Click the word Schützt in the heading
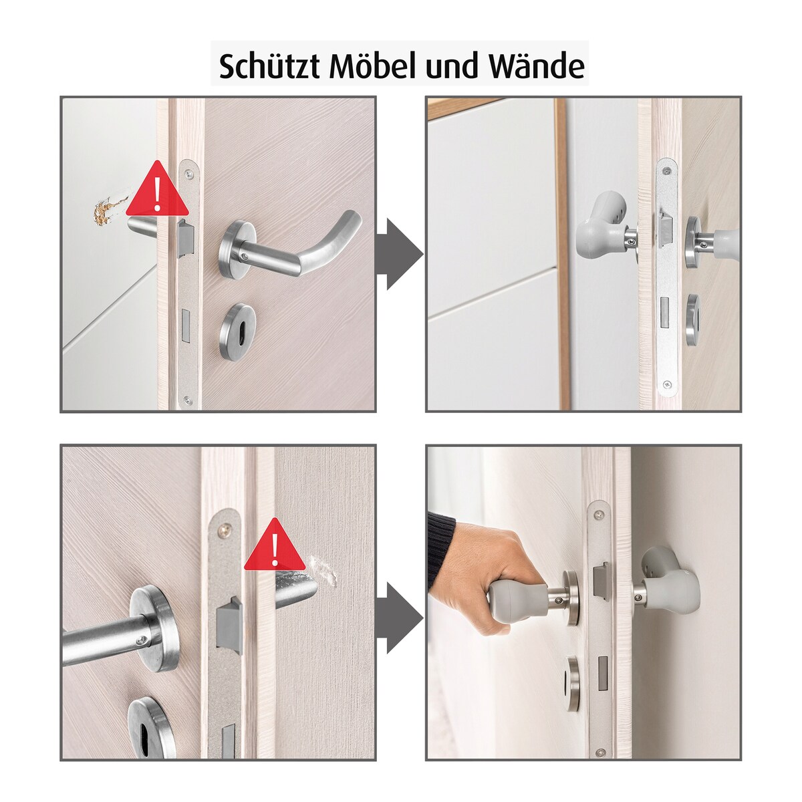pyautogui.click(x=269, y=65)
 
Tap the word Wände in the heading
pyautogui.click(x=537, y=65)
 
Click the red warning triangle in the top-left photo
pyautogui.click(x=157, y=190)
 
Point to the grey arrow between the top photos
pyautogui.click(x=400, y=253)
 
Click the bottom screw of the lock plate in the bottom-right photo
pyautogui.click(x=599, y=740)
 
